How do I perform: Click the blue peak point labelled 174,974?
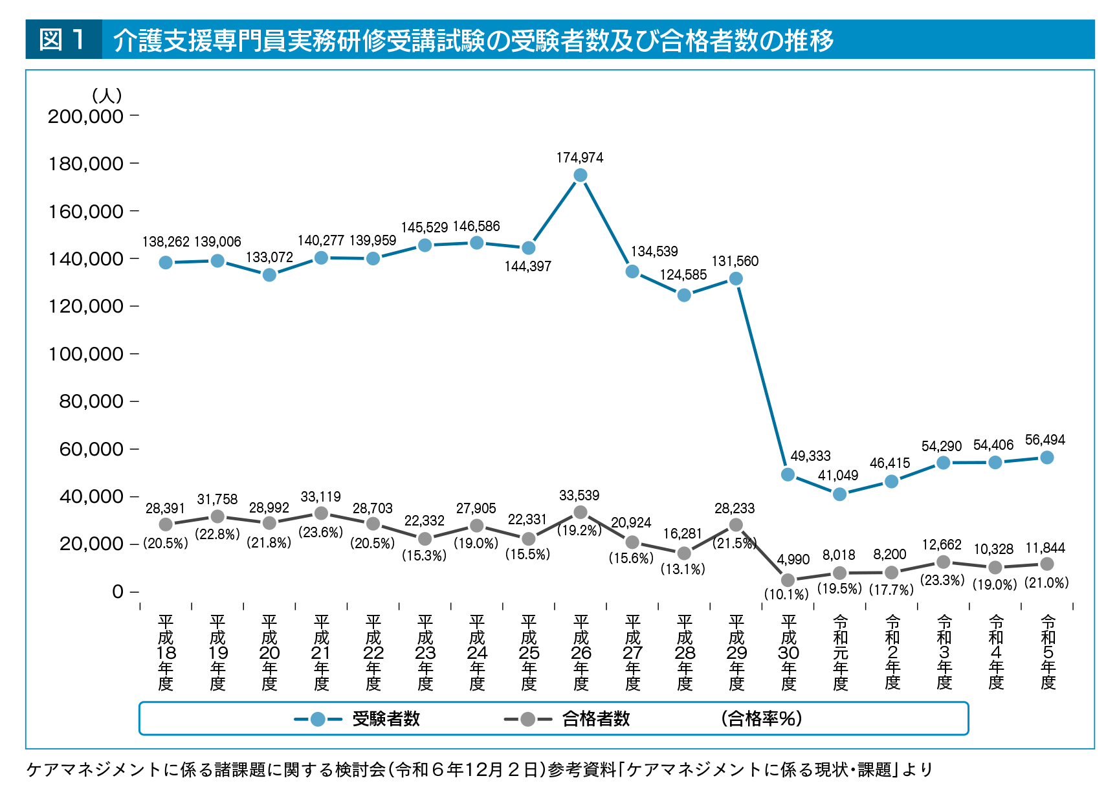point(581,175)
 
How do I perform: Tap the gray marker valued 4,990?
point(788,580)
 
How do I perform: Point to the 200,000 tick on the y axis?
point(85,116)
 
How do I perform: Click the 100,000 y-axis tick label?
point(85,354)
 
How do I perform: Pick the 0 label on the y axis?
point(117,592)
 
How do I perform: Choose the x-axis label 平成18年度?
point(166,652)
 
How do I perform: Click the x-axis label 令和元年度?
point(840,652)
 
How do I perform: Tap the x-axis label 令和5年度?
point(1048,652)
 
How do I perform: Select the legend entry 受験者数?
point(386,719)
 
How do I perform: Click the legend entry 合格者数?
point(595,719)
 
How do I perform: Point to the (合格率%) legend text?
point(761,719)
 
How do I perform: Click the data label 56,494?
point(1045,440)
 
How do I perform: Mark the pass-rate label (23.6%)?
point(320,533)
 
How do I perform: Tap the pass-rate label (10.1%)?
point(786,594)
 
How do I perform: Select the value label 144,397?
point(527,267)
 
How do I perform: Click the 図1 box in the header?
point(63,39)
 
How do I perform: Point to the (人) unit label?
point(107,96)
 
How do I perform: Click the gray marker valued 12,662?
point(944,562)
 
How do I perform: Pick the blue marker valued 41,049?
point(840,494)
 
